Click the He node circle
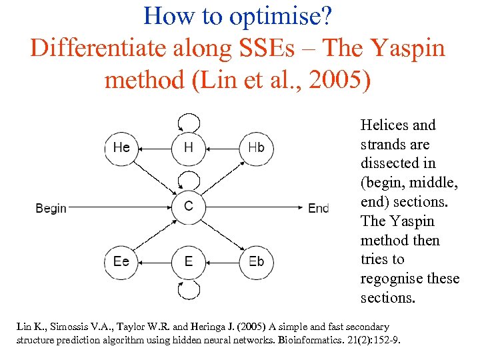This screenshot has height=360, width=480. point(121,147)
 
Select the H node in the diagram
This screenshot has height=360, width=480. point(189,147)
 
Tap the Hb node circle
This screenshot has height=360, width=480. point(256,147)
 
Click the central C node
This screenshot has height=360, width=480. point(189,206)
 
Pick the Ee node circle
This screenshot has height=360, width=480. point(121,261)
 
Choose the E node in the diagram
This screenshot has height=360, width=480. point(189,261)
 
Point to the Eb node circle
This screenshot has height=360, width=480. point(256,261)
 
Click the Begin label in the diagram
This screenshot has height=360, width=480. point(51,208)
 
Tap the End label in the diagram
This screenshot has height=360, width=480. point(318,208)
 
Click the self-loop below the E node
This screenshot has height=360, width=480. point(189,289)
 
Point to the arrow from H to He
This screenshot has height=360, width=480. point(155,147)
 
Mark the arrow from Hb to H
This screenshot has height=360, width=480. point(222,147)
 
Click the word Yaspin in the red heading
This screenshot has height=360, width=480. point(409,49)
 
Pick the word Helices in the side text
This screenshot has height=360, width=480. point(385,125)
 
